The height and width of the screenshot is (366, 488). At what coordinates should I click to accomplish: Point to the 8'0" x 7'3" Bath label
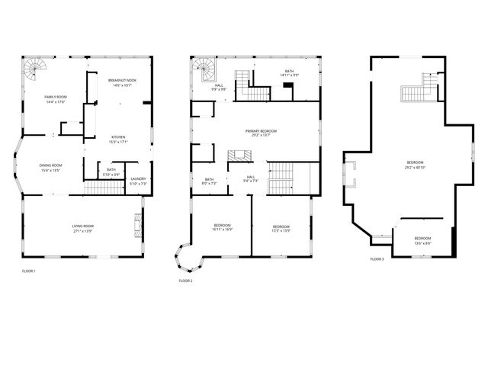[209, 181]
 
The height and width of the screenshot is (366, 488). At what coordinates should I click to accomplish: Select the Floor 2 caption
[185, 281]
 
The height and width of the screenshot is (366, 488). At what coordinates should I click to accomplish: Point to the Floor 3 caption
[377, 259]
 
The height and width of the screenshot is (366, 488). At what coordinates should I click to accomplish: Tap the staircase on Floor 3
[418, 89]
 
